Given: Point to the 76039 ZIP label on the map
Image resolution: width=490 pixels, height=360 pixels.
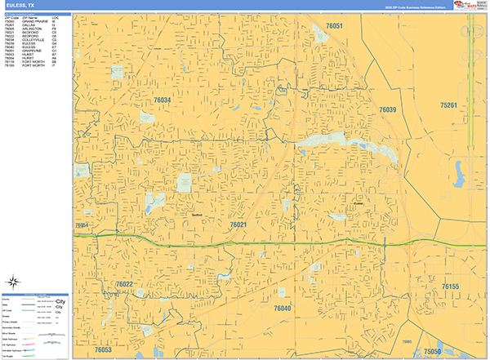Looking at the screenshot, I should [387, 109].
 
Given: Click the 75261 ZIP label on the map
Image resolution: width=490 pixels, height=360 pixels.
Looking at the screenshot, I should [450, 105].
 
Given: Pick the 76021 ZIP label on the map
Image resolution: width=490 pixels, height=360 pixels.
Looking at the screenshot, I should [238, 224].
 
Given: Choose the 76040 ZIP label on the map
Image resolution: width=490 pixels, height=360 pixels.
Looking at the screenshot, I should [282, 308].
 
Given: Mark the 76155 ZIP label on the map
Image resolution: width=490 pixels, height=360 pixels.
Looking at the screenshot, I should [451, 287].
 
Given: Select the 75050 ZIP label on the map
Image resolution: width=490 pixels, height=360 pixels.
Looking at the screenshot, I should [432, 351].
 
